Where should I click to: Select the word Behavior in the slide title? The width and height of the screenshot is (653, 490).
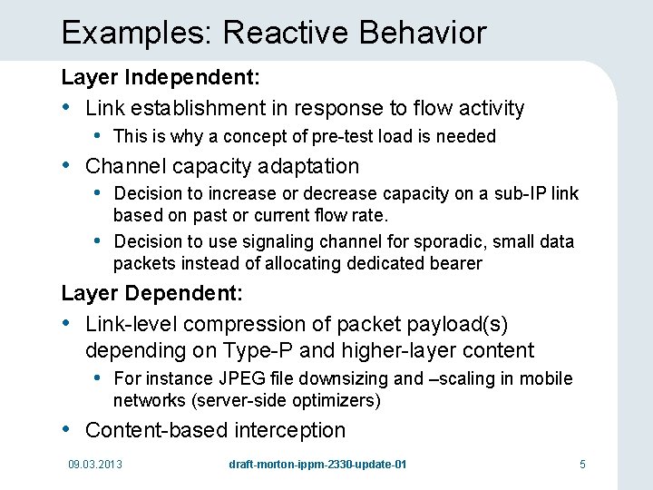(x=423, y=34)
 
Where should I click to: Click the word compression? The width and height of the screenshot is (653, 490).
(x=240, y=324)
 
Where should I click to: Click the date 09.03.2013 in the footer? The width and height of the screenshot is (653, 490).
(x=95, y=465)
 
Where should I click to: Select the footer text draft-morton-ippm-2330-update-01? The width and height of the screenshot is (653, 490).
(x=317, y=465)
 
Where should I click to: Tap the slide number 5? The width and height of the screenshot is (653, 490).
(x=583, y=465)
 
